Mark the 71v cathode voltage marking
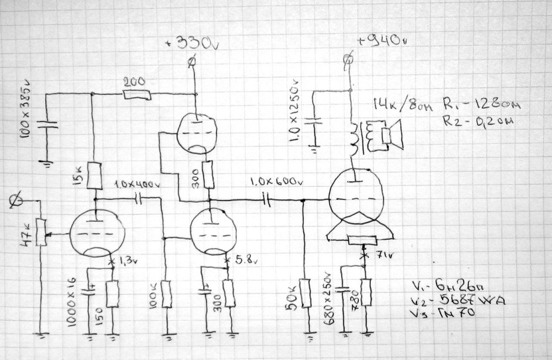pyautogui.click(x=378, y=255)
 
